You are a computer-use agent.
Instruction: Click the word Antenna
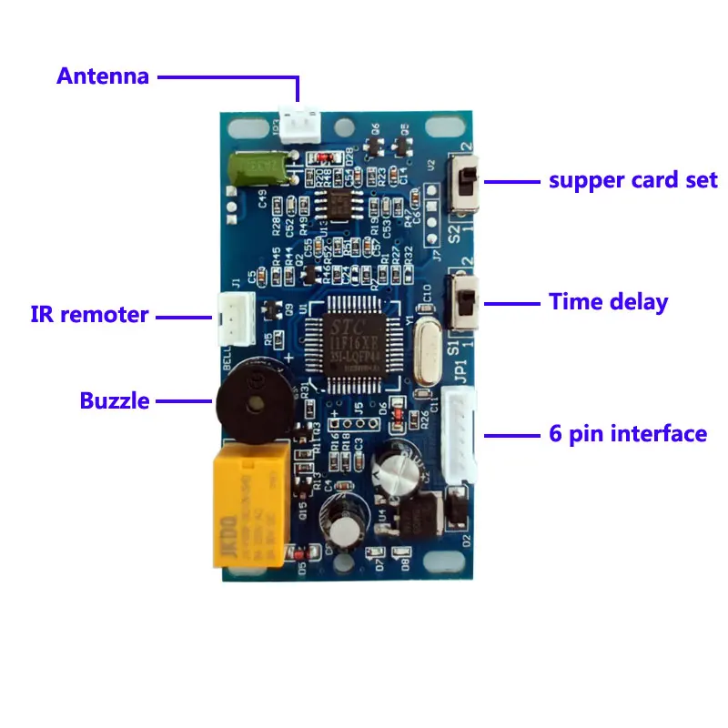point(102,76)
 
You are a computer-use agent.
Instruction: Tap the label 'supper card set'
point(633,179)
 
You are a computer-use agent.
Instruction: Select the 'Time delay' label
point(608,302)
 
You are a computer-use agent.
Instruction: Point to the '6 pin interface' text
point(628,433)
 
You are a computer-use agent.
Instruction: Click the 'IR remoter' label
point(89,316)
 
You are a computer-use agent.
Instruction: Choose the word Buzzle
point(115,400)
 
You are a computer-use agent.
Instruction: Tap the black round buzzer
point(251,400)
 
